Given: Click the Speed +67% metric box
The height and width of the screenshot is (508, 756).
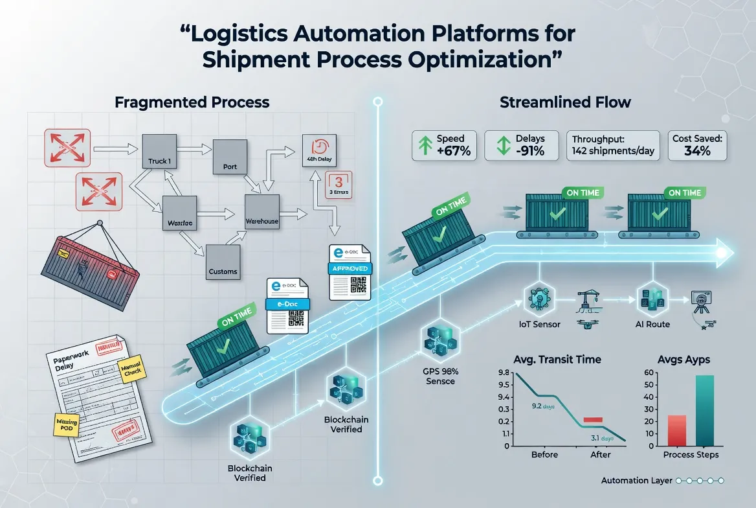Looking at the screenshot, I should pyautogui.click(x=445, y=145).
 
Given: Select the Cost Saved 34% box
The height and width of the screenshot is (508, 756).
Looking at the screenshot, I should pyautogui.click(x=697, y=145).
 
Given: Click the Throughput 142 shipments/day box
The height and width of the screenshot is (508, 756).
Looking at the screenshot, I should pyautogui.click(x=614, y=145).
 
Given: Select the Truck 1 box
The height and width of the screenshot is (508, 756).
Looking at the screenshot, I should pyautogui.click(x=159, y=152).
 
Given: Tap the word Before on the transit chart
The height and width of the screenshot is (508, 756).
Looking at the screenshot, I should pyautogui.click(x=544, y=455).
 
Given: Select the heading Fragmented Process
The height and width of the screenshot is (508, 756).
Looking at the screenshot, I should pyautogui.click(x=192, y=102).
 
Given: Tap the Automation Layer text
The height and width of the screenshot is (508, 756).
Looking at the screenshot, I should pyautogui.click(x=636, y=481).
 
